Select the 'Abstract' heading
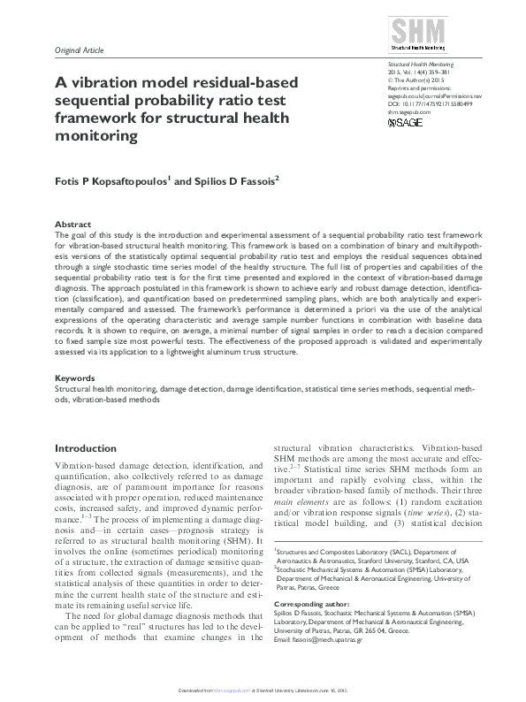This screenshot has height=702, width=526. click(x=72, y=225)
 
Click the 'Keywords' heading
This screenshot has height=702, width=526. click(x=74, y=378)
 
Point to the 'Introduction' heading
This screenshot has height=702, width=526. click(x=86, y=448)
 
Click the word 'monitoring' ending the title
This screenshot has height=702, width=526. click(x=98, y=135)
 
